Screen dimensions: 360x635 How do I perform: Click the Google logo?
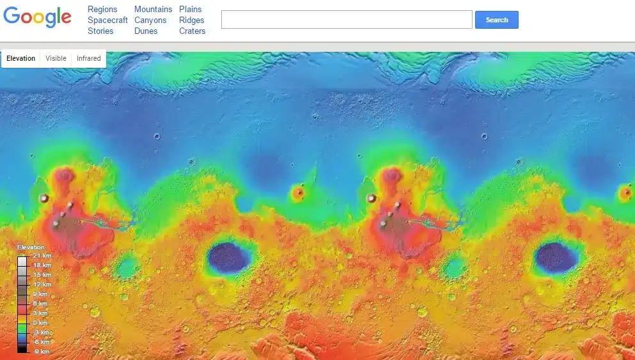point(37,17)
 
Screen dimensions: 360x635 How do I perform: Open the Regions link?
point(102,10)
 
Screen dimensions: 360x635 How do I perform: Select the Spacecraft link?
point(107,20)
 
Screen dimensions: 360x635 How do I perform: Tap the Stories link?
point(100,31)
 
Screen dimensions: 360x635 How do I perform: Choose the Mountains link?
point(153,10)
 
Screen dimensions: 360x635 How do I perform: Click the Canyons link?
point(150,20)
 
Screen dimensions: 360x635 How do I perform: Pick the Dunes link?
point(146,31)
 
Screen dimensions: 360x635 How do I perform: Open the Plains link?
point(191,10)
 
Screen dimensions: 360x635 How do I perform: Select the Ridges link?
point(192,20)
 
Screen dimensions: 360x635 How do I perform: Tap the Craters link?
point(192,31)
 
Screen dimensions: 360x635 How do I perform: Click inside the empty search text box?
point(346,20)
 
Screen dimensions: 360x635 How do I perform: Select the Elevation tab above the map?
point(21,58)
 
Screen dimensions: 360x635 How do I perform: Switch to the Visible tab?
point(56,58)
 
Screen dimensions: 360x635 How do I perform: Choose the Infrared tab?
point(88,58)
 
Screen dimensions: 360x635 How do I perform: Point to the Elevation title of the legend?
point(31,247)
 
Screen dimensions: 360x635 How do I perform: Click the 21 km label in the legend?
point(42,256)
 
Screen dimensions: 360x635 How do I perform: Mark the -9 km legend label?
point(42,352)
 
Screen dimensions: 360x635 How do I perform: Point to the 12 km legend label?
point(42,285)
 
